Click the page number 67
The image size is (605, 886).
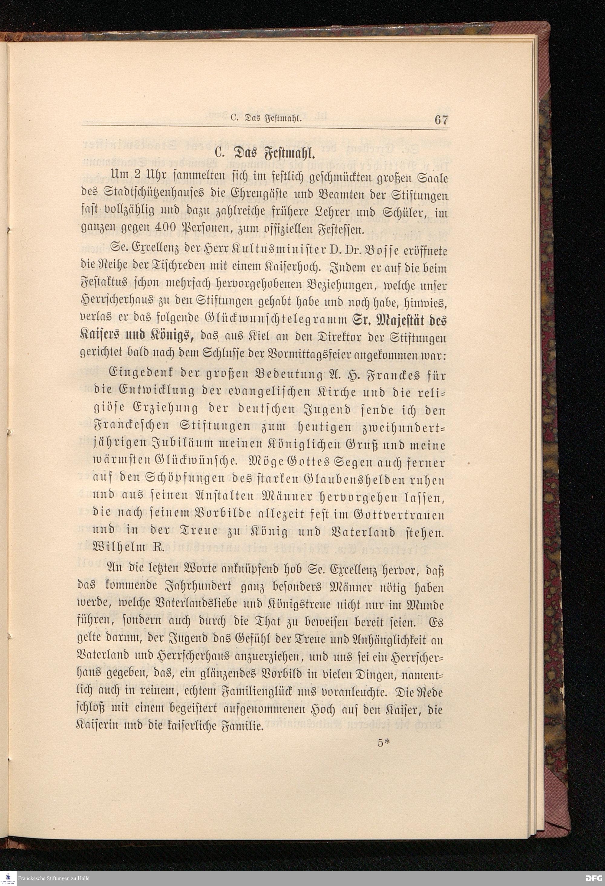coord(440,119)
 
